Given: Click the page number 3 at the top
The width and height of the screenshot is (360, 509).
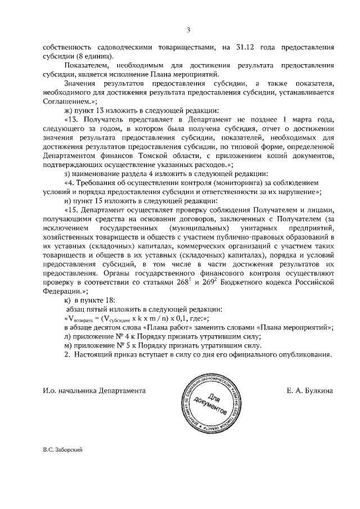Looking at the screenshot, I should point(189,30).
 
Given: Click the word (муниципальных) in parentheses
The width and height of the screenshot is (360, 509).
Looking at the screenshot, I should point(195,229).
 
